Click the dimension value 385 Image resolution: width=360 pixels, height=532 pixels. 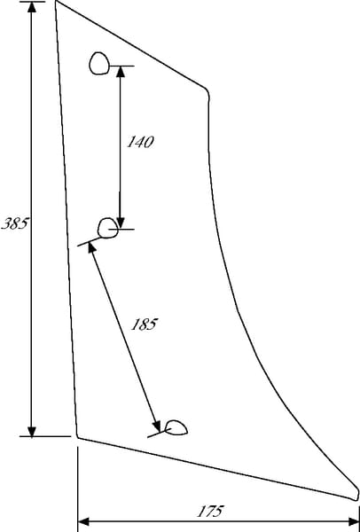point(14,223)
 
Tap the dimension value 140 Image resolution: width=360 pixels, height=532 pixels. point(140,142)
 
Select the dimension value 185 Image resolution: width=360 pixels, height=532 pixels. point(145,325)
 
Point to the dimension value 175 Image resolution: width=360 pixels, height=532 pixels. point(210,511)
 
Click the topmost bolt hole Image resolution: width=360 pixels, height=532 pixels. point(99,64)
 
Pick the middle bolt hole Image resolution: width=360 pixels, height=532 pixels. point(108,228)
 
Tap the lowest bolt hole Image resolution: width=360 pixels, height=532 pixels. point(176,427)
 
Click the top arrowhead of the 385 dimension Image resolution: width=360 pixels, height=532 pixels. point(32,7)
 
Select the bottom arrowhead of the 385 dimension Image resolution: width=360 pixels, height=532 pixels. point(32,431)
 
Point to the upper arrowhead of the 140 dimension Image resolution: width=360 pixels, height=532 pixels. point(121,71)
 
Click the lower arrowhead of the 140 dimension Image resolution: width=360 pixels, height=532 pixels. point(121,223)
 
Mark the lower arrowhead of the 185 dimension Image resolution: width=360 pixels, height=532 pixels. point(156,426)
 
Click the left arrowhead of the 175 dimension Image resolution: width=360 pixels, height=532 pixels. point(83,521)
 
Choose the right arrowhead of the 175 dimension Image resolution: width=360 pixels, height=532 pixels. point(353,521)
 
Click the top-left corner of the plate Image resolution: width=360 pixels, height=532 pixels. point(56,1)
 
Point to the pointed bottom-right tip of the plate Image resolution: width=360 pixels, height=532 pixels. point(356,498)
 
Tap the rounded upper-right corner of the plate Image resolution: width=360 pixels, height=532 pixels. point(207,91)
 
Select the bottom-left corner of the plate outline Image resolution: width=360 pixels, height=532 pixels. point(78,437)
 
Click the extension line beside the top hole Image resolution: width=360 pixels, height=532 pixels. point(121,66)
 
